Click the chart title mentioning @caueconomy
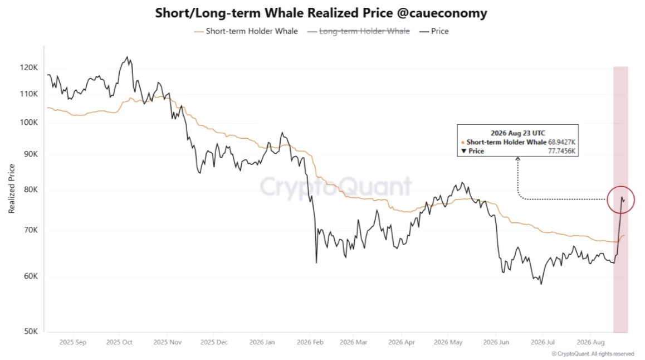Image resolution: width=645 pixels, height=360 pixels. coord(321,13)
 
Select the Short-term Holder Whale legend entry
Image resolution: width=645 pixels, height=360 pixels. coord(246,31)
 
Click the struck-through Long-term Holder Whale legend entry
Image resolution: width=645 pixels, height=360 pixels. coord(358,31)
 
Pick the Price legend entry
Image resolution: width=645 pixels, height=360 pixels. coord(433,31)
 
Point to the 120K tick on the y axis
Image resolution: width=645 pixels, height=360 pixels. coord(29,67)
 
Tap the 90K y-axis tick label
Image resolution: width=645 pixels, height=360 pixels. coord(30,154)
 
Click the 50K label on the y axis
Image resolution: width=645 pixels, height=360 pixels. coord(30,331)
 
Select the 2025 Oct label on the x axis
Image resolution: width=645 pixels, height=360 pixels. coord(119,342)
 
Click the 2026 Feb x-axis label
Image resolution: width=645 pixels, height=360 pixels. coord(310,342)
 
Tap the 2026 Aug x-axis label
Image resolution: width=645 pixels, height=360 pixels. coord(591,342)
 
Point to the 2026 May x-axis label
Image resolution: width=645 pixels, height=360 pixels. coord(448,342)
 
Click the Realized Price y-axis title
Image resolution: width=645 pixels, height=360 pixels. coord(12,188)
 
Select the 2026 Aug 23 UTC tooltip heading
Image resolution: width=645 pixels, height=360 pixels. coord(518,133)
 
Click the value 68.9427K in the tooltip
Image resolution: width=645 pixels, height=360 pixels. coord(561,142)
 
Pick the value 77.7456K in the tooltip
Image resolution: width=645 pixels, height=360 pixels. coord(561,151)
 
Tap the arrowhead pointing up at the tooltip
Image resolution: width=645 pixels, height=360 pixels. coord(518,158)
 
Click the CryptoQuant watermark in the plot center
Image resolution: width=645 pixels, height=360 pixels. coord(336,186)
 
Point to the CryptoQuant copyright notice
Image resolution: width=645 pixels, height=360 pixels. coord(593,354)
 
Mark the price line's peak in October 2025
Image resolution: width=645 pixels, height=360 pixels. coord(127,57)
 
